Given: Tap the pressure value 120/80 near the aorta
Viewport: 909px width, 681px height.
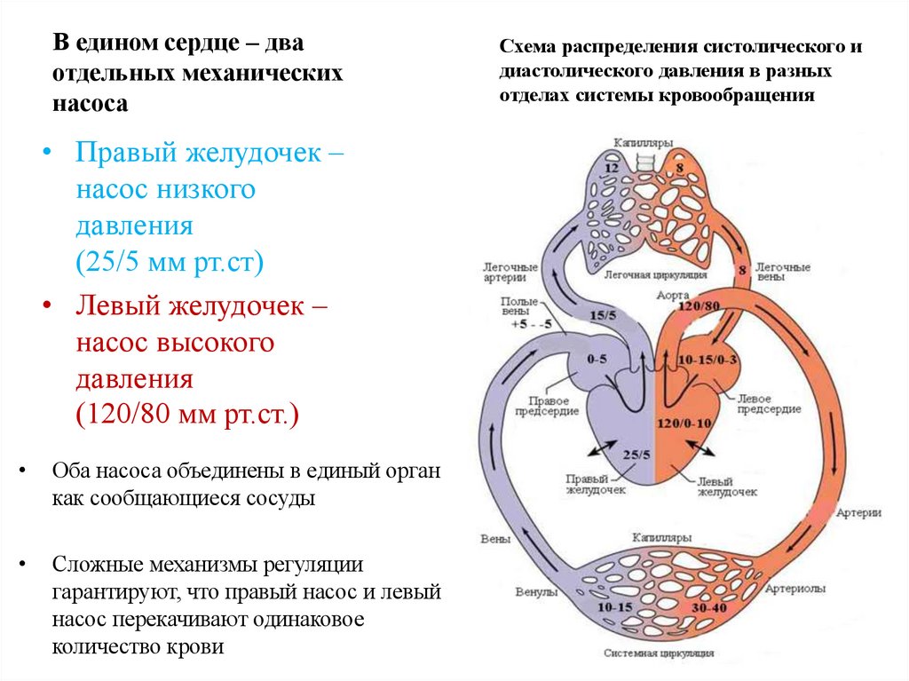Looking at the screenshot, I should tap(697, 306).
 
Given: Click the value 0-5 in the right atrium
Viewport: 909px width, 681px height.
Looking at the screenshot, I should tap(597, 359).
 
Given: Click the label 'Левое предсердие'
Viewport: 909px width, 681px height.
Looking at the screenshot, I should tap(768, 404).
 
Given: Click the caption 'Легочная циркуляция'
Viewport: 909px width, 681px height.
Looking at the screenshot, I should tap(655, 275).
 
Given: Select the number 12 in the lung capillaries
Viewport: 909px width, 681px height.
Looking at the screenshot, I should tap(611, 168).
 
